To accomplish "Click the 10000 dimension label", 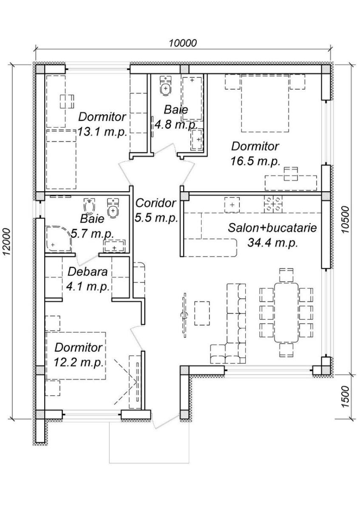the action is [182, 43].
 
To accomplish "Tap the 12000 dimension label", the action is [7, 242].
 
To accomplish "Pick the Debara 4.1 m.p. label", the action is [88, 279].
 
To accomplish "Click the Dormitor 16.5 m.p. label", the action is [255, 154].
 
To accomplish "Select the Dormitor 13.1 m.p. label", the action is [102, 124].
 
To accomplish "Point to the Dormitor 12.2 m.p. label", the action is [79, 355].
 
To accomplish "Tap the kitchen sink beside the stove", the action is [232, 205].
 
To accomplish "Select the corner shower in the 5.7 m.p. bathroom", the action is [59, 238].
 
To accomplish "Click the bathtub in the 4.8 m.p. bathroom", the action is [192, 99].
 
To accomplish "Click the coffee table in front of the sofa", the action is [202, 313].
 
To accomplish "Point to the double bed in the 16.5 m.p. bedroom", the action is [265, 104].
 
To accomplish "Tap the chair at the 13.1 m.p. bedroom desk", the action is [67, 102].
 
